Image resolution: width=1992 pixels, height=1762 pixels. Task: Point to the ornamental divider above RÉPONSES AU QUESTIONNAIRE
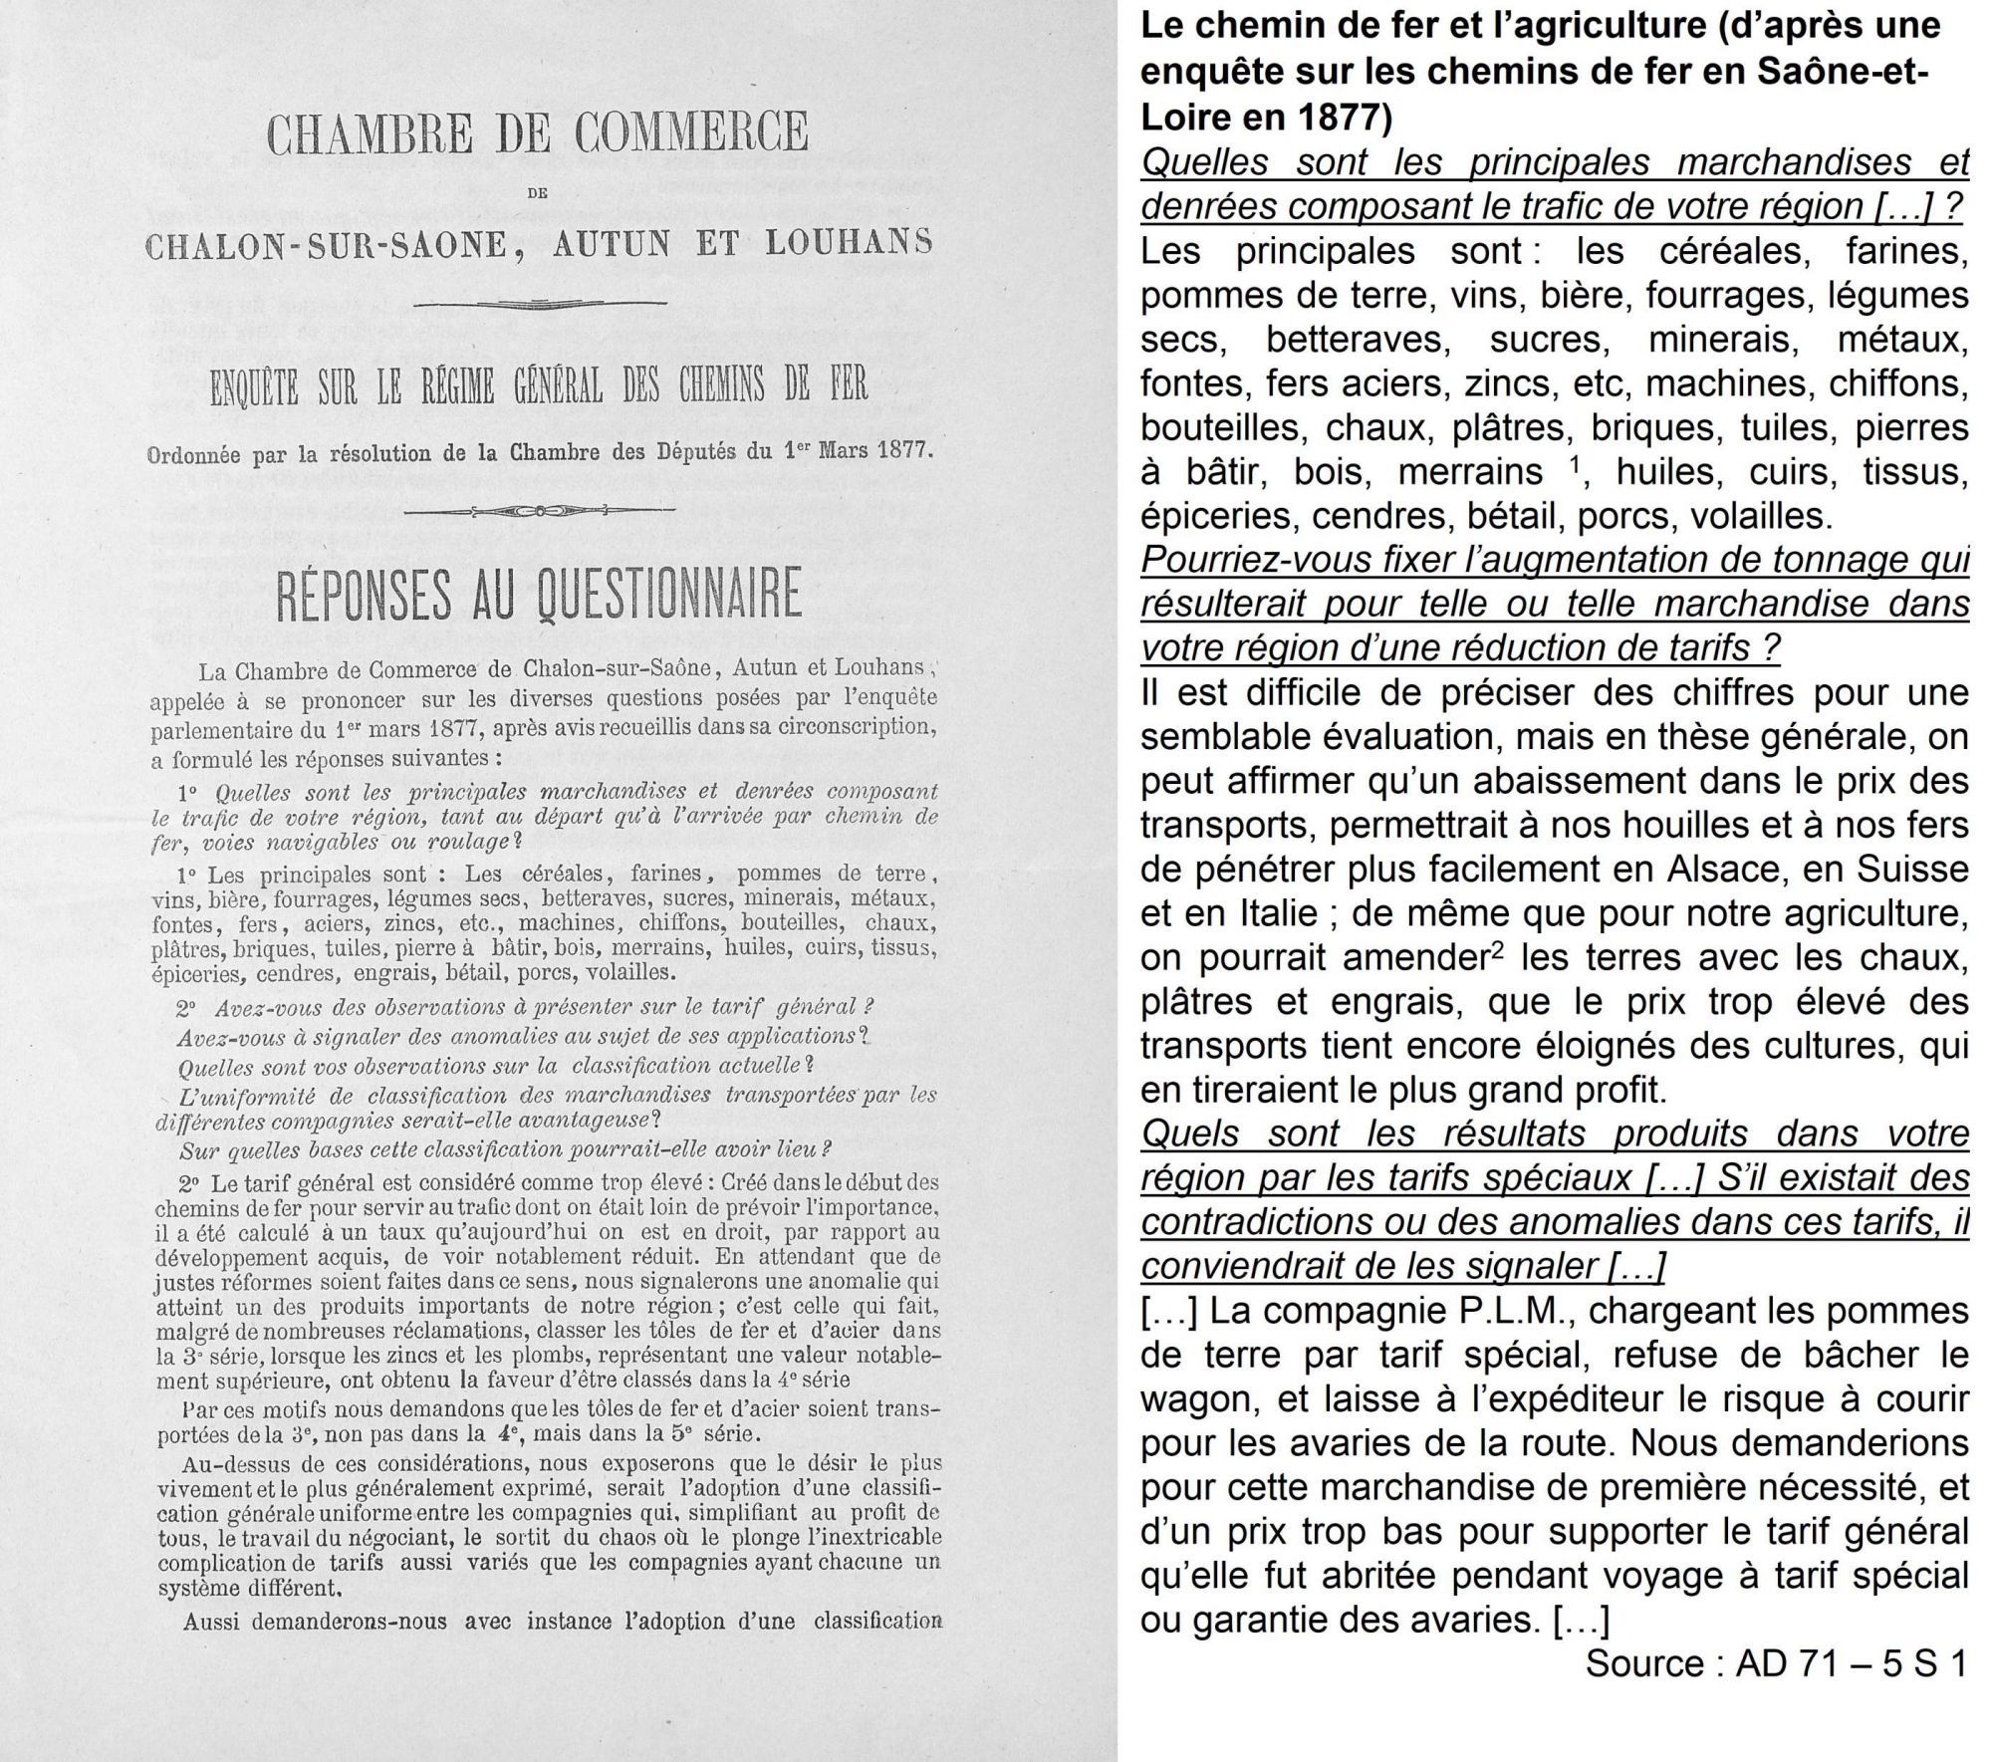coord(539,511)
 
